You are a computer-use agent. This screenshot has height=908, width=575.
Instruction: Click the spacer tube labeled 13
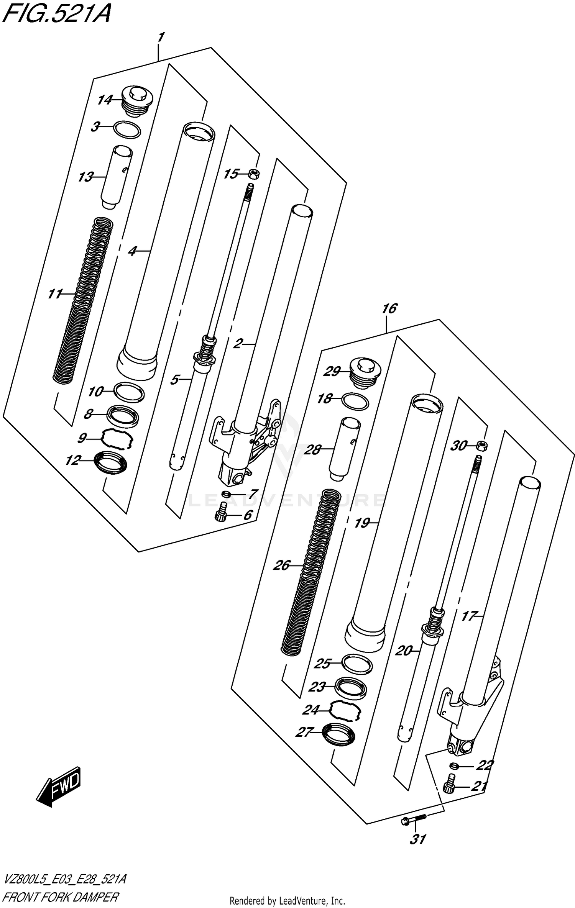point(116,177)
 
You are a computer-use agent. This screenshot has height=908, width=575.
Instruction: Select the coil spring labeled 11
point(82,299)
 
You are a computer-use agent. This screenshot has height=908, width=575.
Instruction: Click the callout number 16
point(389,309)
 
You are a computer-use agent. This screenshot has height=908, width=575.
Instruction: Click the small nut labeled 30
point(482,446)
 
